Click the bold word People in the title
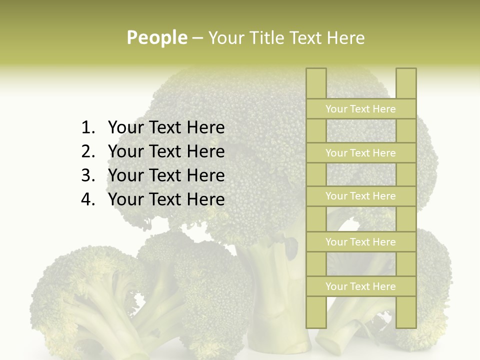coord(157,37)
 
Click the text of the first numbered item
coord(166,128)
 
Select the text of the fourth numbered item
coord(166,199)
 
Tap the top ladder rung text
coord(360,109)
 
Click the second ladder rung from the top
coord(360,153)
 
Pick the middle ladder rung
coord(360,196)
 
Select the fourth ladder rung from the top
coord(360,242)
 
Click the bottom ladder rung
coord(360,286)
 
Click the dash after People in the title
coord(197,38)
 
